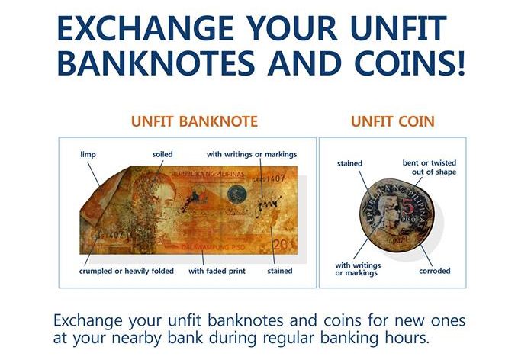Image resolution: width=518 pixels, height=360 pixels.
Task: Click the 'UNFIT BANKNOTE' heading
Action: [195, 121]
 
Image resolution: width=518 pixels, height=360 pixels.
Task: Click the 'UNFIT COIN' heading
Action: [392, 121]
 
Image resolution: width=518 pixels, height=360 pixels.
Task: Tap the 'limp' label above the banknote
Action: [88, 155]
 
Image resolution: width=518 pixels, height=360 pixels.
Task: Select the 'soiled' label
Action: [162, 154]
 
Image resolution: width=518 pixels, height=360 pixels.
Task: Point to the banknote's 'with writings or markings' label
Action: [252, 155]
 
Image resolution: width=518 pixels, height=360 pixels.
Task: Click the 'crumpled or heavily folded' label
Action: [127, 272]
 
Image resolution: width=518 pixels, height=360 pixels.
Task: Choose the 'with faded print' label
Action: [217, 272]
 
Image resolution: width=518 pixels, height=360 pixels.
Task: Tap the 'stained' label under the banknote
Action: [280, 272]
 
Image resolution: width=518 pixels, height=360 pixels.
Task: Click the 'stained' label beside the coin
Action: [349, 163]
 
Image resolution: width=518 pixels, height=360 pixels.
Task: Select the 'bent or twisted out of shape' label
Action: [430, 168]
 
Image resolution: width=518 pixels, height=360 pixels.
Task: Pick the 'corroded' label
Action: [434, 272]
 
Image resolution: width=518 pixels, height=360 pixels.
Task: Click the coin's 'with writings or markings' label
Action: [358, 269]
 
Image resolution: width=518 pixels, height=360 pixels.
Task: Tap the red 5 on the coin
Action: [407, 207]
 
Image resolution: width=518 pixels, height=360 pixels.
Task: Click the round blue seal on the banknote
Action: [237, 194]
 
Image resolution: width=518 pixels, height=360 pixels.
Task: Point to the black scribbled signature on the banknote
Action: [268, 205]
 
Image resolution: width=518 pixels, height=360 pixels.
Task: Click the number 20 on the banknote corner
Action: [281, 245]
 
